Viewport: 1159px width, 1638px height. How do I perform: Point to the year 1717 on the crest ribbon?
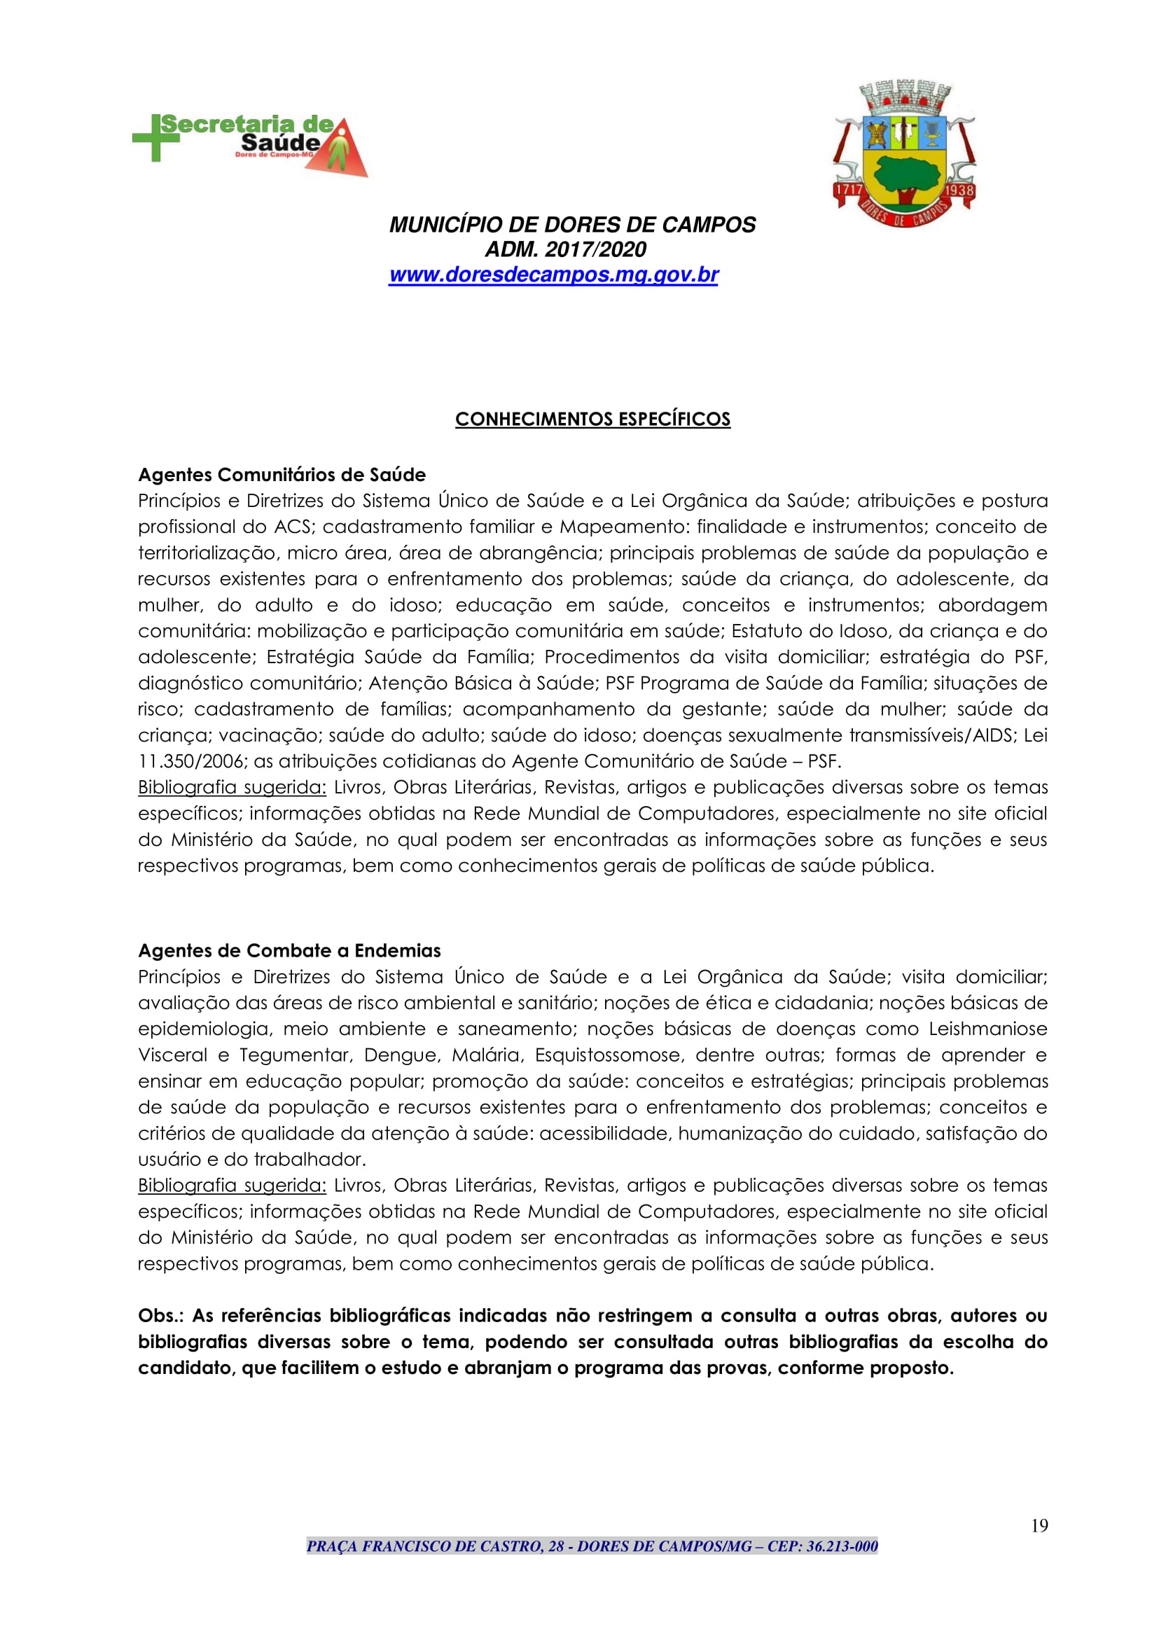click(x=849, y=190)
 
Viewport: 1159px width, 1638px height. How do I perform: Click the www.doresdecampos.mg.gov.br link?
click(x=553, y=275)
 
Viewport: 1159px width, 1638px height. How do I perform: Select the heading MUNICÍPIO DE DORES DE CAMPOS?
click(x=571, y=225)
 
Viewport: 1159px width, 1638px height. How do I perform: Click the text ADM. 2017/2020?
click(x=565, y=249)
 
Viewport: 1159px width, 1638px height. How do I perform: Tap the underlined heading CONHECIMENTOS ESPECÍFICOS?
click(x=592, y=419)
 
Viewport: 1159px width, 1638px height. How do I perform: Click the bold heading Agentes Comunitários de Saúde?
click(x=282, y=475)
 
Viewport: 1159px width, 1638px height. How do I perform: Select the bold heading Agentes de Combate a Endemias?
click(x=289, y=951)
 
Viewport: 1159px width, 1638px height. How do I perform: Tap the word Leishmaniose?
click(x=987, y=1029)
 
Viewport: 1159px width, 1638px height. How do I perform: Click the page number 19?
click(x=1039, y=1526)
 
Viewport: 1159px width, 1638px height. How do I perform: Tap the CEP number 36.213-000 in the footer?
click(x=842, y=1547)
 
